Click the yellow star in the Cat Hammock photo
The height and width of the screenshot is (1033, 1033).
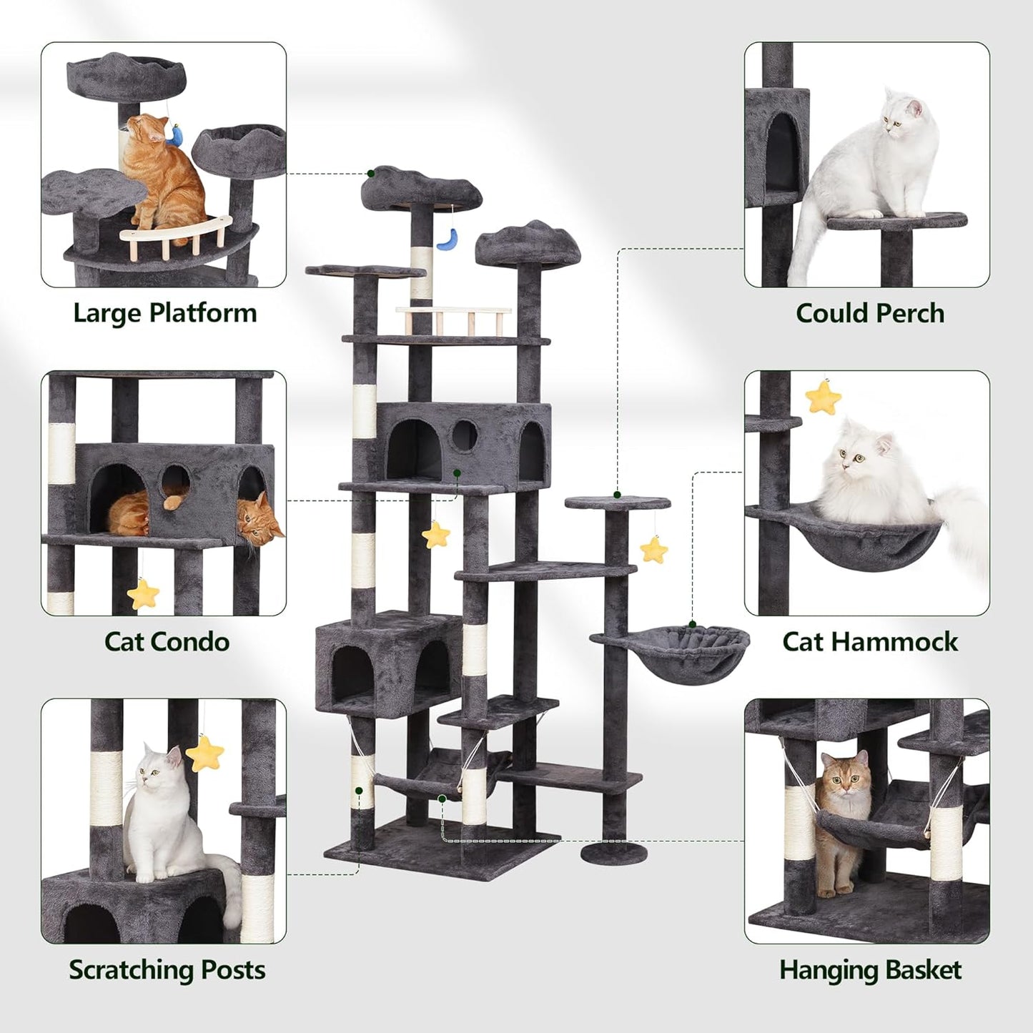pos(823,397)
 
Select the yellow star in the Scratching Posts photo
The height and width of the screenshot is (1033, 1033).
pos(205,751)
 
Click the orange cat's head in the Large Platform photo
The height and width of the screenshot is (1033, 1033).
pos(153,129)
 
